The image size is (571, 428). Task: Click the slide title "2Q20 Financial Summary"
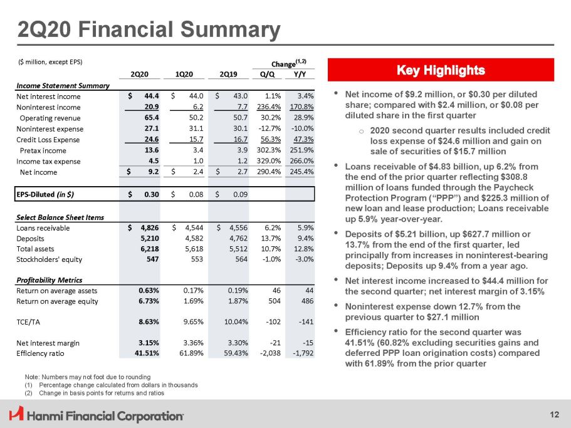148,29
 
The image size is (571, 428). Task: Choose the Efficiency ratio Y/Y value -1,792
300,353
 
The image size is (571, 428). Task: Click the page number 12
554,414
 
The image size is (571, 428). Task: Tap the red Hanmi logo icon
16,414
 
